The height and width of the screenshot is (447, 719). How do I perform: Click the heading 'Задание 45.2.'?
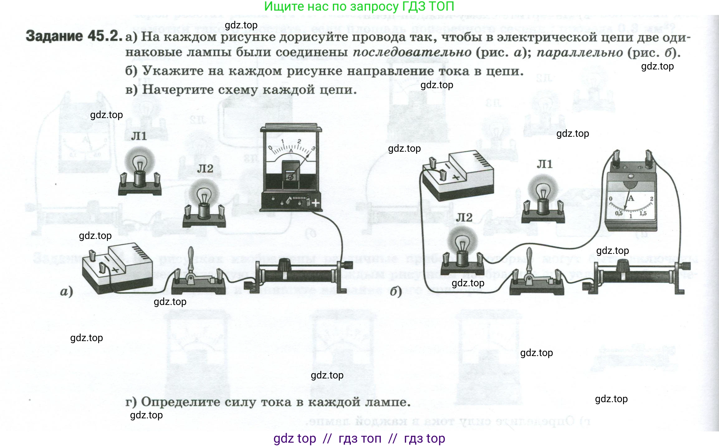tap(74, 36)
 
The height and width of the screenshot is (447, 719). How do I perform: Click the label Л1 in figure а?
tap(139, 136)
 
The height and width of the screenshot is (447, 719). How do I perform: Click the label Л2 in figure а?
tap(205, 169)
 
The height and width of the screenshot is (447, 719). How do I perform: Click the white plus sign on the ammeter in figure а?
tap(316, 203)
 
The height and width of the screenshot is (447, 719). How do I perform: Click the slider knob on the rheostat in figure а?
tap(284, 265)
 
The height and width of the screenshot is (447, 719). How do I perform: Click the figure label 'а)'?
tap(66, 292)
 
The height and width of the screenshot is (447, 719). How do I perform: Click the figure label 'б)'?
tap(396, 292)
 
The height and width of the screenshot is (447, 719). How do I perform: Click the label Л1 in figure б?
tap(544, 164)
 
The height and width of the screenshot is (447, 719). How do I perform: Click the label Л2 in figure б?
tap(464, 217)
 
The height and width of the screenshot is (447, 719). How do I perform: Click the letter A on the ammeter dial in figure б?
tap(631, 198)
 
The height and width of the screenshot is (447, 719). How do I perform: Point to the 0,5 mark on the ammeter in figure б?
tap(618, 213)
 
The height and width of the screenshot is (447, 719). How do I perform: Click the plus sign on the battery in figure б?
tap(456, 178)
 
